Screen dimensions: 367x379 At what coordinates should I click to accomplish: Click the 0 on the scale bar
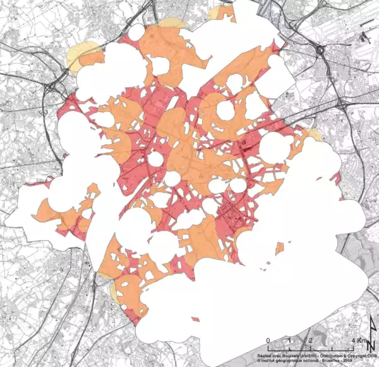point(269,341)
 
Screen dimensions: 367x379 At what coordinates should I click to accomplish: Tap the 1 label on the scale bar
point(290,341)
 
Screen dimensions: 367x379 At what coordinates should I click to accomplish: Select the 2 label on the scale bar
point(310,341)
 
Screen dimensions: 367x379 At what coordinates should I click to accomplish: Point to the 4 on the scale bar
point(352,341)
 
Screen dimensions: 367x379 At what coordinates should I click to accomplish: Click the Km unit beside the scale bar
point(361,341)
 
